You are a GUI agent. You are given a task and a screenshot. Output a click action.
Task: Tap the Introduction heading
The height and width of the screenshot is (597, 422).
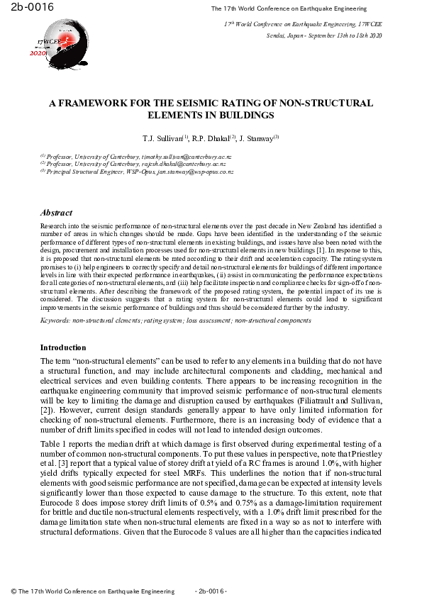pos(63,347)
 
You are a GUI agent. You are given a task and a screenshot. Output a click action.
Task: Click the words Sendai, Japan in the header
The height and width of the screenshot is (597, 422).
pos(284,34)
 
